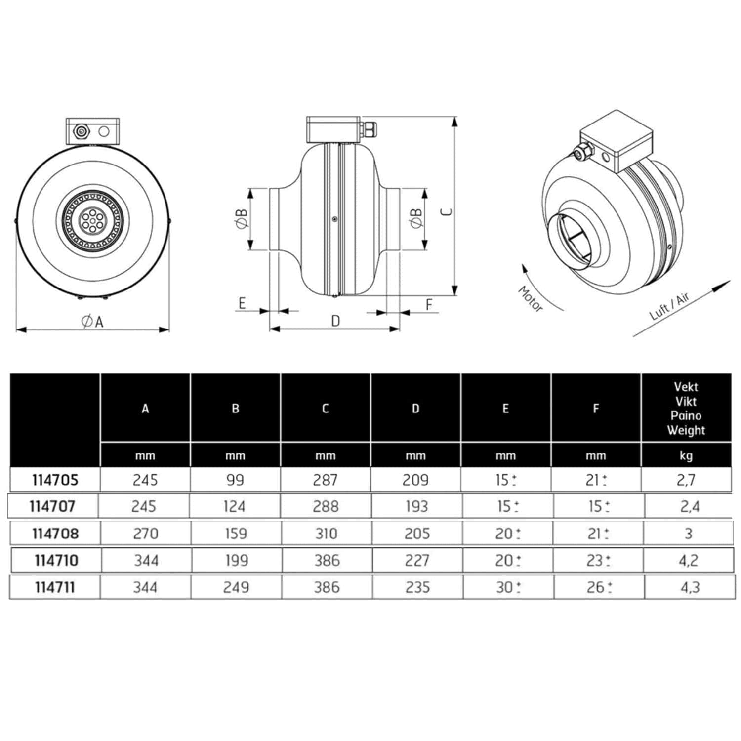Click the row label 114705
point(55,480)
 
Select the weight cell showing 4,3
point(690,587)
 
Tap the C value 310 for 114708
point(327,534)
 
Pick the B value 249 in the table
point(236,587)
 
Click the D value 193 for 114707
point(416,506)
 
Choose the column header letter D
point(415,409)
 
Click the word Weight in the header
point(686,430)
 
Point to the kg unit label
point(686,455)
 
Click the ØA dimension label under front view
point(92,322)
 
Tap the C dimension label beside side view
point(447,212)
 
